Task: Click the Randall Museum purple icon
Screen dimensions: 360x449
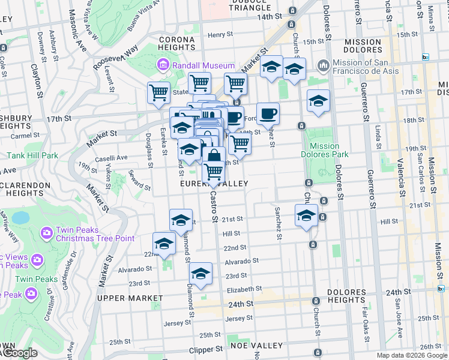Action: [x=163, y=65]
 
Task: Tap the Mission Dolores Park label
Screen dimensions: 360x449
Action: [x=325, y=150]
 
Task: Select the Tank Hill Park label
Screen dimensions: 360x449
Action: [x=32, y=155]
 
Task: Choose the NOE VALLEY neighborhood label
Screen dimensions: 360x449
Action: [x=258, y=346]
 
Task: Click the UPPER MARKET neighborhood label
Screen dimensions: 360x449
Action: [x=130, y=298]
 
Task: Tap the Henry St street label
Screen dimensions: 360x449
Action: [x=220, y=35]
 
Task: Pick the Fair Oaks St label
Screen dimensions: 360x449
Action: [x=365, y=321]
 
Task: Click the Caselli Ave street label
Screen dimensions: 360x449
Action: [x=113, y=158]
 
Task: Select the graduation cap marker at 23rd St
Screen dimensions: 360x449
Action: [x=201, y=274]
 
